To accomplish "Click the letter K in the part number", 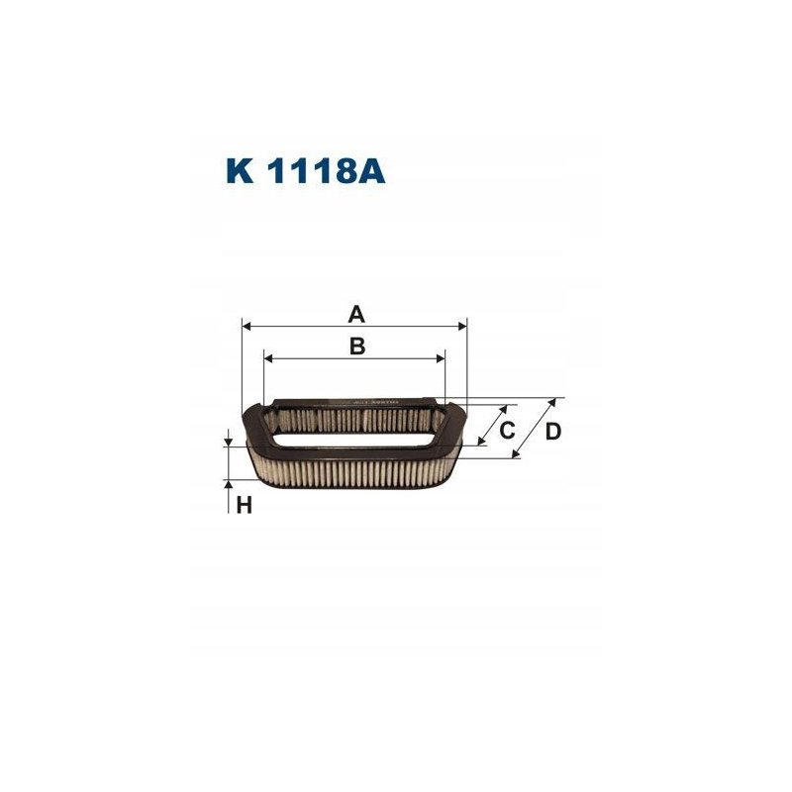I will [x=241, y=171].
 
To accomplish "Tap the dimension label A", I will [x=355, y=315].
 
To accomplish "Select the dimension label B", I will [x=356, y=346].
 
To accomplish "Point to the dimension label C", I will [x=506, y=430].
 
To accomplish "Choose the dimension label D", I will [x=552, y=431].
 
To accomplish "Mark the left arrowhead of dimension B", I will [x=269, y=357].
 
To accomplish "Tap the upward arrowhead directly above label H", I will [x=229, y=485].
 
